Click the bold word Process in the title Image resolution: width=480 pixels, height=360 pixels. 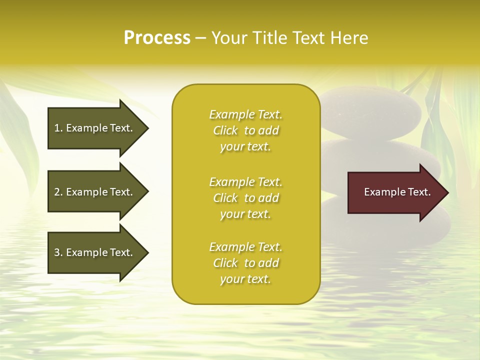(157, 38)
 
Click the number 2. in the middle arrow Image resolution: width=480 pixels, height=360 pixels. (58, 192)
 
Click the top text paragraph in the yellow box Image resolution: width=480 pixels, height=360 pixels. (245, 130)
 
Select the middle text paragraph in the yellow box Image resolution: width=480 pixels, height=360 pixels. (245, 198)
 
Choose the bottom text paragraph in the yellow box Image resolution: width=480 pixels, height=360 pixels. (245, 263)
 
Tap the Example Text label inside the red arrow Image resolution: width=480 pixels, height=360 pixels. (397, 192)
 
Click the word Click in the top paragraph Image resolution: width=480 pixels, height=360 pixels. (225, 131)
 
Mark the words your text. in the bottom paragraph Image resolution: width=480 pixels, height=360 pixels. (245, 279)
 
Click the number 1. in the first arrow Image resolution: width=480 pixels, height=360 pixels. (58, 128)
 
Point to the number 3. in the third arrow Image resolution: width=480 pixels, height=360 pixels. (58, 252)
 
